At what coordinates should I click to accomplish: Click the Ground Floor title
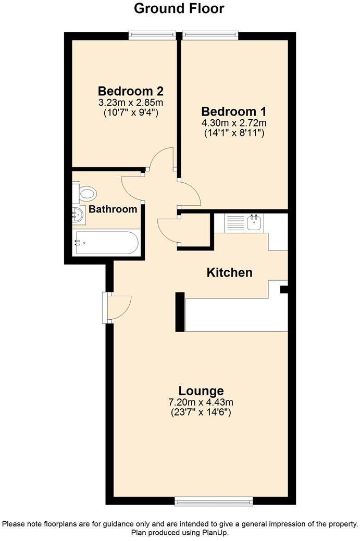click(179, 8)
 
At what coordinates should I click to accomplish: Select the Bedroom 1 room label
click(234, 111)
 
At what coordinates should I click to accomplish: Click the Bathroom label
click(113, 209)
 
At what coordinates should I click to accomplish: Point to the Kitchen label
click(230, 272)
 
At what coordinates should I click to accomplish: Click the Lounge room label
click(201, 391)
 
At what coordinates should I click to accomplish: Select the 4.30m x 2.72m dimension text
click(234, 123)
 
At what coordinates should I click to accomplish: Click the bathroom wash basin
click(78, 213)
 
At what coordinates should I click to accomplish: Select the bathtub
click(106, 243)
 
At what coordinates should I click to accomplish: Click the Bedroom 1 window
click(210, 35)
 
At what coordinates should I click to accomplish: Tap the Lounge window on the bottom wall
click(214, 502)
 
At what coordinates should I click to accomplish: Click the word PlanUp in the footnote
click(216, 533)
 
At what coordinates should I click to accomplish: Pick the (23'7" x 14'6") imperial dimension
click(201, 412)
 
